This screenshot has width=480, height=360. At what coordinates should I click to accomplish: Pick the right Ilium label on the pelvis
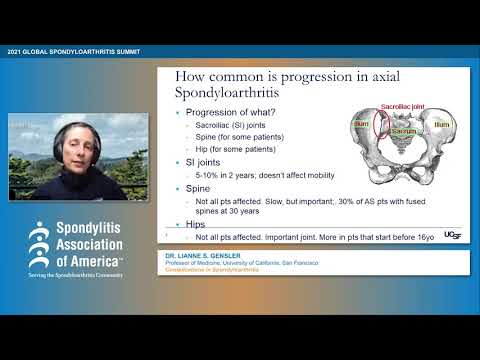(441, 125)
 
